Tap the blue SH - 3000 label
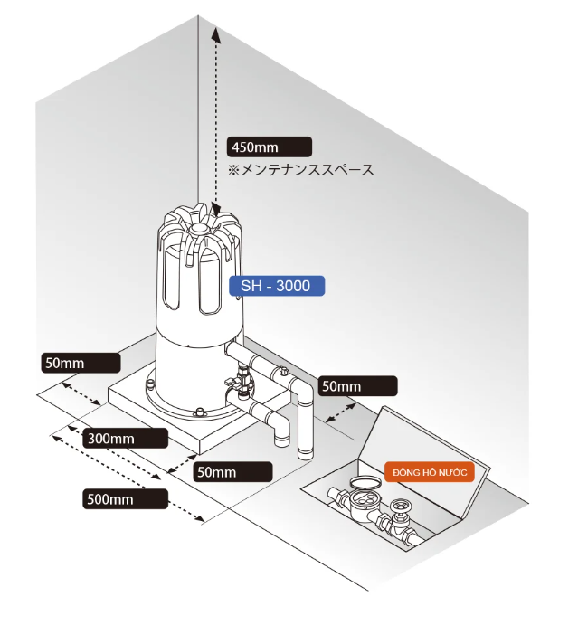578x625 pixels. pyautogui.click(x=276, y=286)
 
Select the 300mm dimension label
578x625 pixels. pyautogui.click(x=124, y=438)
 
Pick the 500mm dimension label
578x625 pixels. pyautogui.click(x=123, y=497)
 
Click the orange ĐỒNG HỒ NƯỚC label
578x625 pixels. pyautogui.click(x=430, y=472)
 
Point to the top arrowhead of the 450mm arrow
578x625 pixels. pyautogui.click(x=215, y=33)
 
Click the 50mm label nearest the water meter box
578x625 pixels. pyautogui.click(x=355, y=385)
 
